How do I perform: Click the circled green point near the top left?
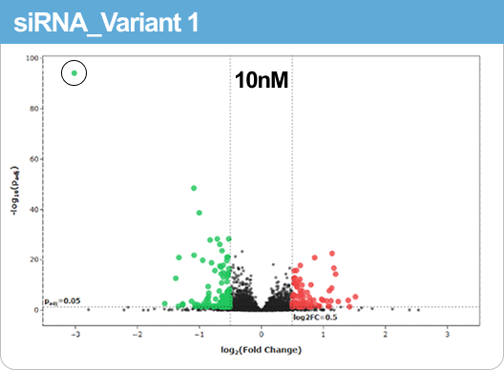74,72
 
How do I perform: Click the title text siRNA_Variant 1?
106,22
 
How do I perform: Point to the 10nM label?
262,82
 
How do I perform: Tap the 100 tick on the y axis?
32,58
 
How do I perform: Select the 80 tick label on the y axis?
33,109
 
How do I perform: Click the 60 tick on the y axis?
33,159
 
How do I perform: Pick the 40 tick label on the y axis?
33,209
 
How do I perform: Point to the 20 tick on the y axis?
33,259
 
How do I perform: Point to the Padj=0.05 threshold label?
60,301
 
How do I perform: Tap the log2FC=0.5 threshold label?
315,317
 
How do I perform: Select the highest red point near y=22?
332,254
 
